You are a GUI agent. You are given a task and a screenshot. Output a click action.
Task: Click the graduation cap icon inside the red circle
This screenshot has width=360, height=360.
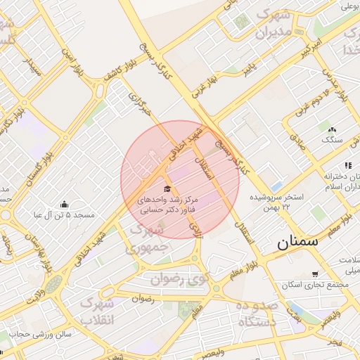pyautogui.click(x=167, y=188)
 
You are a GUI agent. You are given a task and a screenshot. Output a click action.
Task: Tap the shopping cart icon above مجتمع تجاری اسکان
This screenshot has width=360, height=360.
pyautogui.click(x=314, y=274)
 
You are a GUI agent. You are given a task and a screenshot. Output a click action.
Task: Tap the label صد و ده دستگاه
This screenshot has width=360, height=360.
pyautogui.click(x=257, y=314)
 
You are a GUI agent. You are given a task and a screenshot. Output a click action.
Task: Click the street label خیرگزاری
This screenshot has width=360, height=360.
pyautogui.click(x=140, y=102)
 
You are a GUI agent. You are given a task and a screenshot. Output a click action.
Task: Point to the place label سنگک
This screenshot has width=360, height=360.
pyautogui.click(x=331, y=139)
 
